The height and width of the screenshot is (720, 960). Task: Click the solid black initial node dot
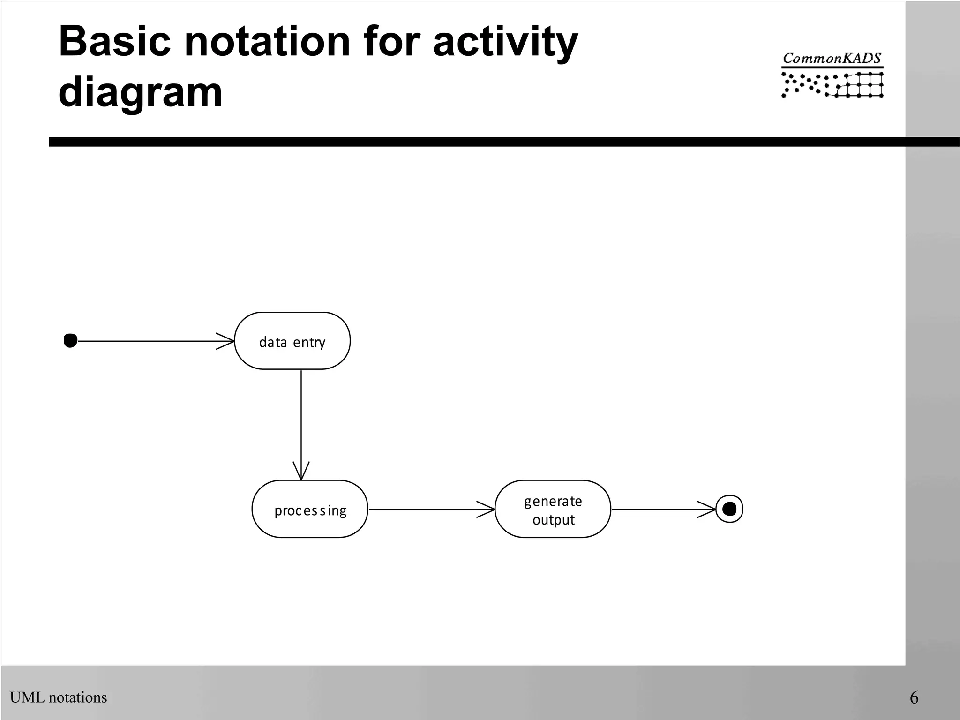(70, 341)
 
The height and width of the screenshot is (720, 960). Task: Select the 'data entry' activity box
(292, 341)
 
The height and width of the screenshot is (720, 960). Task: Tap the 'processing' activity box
(310, 509)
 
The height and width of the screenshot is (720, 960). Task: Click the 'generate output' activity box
(553, 509)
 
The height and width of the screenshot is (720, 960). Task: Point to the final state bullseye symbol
(729, 509)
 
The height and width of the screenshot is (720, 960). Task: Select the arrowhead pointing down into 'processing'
(301, 472)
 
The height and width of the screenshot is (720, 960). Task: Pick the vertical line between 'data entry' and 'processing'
(301, 417)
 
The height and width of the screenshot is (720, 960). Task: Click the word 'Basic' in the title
(114, 42)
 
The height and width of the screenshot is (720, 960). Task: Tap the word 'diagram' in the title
(140, 92)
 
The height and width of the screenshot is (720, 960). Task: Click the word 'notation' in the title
(267, 42)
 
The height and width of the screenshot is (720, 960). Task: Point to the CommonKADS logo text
(832, 59)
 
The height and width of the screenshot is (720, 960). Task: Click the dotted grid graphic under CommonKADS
(832, 85)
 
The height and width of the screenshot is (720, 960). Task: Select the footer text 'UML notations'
(59, 697)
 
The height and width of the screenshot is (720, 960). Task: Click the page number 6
(914, 697)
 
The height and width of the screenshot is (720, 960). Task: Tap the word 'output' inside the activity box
(553, 520)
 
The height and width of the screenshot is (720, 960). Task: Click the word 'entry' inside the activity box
(308, 343)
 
